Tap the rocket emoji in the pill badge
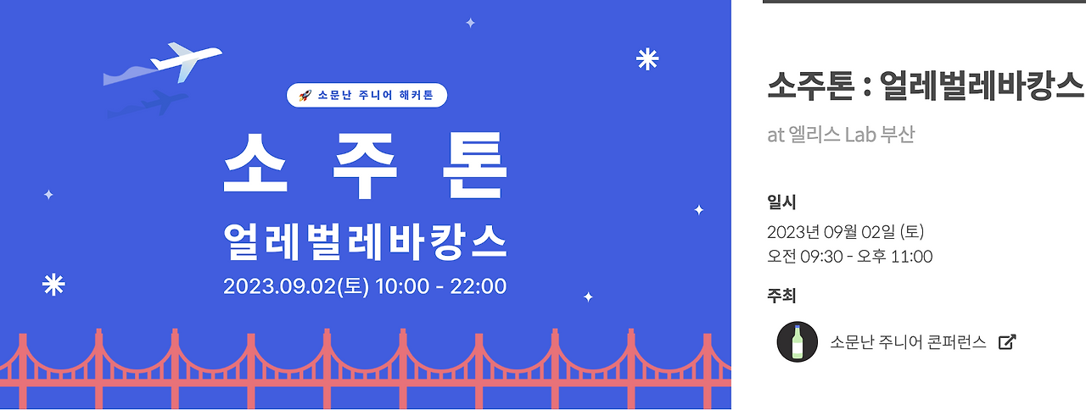305,96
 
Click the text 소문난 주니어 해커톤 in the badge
377,96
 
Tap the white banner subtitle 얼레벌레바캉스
365,241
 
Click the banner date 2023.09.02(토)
296,286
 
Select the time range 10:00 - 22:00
440,286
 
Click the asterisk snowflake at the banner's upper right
647,59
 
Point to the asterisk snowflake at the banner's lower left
53,285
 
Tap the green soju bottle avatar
798,342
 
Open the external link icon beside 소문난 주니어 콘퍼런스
1007,342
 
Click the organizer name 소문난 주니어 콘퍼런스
908,342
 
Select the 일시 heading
781,202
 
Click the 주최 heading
781,296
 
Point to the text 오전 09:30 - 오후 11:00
849,257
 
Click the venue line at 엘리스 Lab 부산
841,135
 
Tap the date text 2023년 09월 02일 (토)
845,232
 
